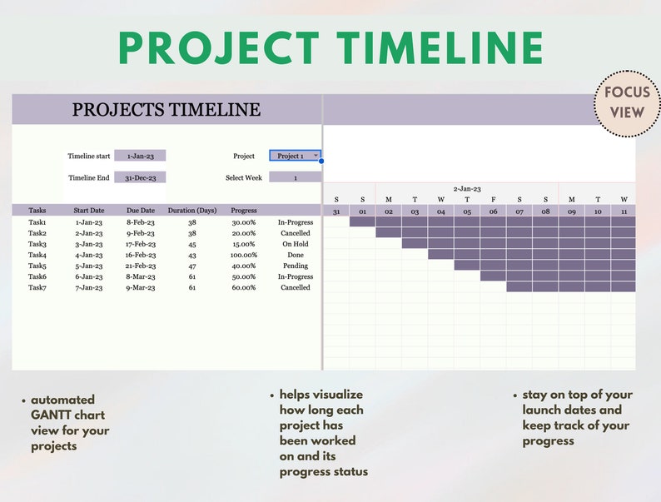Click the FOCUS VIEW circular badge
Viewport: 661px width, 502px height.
pyautogui.click(x=627, y=103)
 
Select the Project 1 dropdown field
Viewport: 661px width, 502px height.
pyautogui.click(x=295, y=156)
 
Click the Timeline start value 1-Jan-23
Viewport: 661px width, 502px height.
pyautogui.click(x=140, y=156)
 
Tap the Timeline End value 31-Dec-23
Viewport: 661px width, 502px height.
pyautogui.click(x=140, y=177)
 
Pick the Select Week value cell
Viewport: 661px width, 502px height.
pyautogui.click(x=295, y=177)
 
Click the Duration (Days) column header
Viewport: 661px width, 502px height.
pyautogui.click(x=192, y=211)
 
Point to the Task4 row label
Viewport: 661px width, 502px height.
pyautogui.click(x=37, y=255)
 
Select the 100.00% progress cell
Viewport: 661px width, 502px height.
pyautogui.click(x=244, y=255)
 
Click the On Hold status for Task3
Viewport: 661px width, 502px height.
pyautogui.click(x=296, y=244)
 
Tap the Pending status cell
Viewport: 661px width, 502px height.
pyautogui.click(x=296, y=266)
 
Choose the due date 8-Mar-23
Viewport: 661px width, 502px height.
pyautogui.click(x=141, y=276)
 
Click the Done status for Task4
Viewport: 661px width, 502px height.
pyautogui.click(x=296, y=255)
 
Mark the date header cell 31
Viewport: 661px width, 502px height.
pyautogui.click(x=336, y=211)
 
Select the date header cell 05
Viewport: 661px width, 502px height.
pyautogui.click(x=467, y=211)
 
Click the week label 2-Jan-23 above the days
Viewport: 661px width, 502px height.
pyautogui.click(x=467, y=189)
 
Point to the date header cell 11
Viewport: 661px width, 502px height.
pyautogui.click(x=624, y=211)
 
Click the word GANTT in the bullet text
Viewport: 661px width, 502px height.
pyautogui.click(x=52, y=415)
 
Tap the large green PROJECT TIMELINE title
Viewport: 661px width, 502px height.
pyautogui.click(x=330, y=47)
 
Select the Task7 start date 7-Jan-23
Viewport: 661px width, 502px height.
pyautogui.click(x=89, y=287)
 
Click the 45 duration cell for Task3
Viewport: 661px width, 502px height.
pyautogui.click(x=192, y=244)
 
